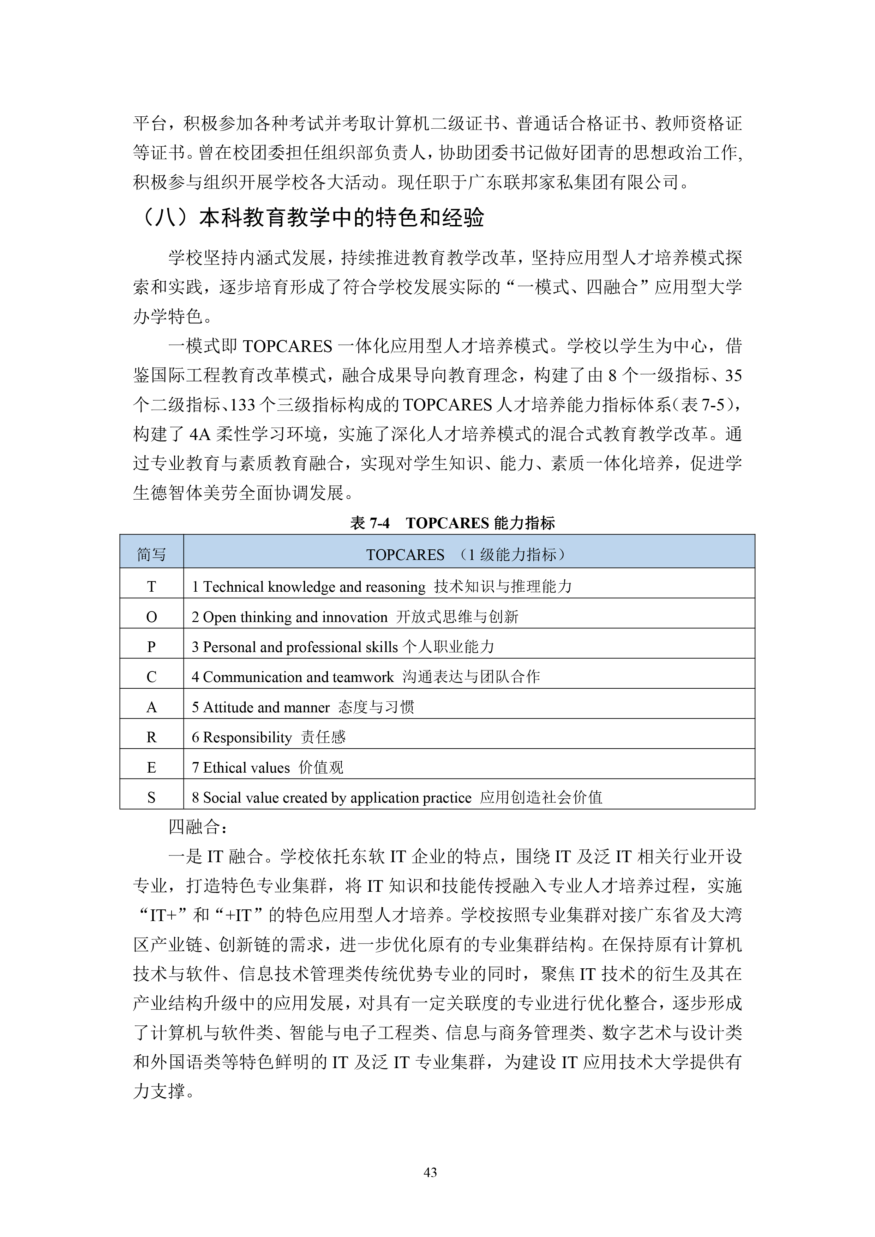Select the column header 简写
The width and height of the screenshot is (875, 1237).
(151, 554)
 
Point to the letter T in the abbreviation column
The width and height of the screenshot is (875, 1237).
(151, 587)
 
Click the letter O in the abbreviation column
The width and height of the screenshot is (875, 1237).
(151, 617)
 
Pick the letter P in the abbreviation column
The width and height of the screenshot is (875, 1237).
(151, 647)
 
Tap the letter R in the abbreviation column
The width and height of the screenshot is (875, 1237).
(151, 738)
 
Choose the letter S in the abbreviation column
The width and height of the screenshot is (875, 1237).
(151, 798)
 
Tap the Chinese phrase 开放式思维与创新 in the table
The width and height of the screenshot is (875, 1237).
(457, 617)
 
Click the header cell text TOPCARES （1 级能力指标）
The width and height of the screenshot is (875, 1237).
(467, 554)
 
